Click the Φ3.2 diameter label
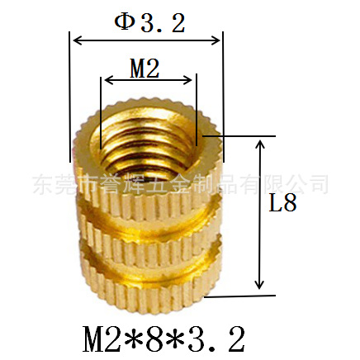click(x=149, y=23)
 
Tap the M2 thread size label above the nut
click(x=144, y=68)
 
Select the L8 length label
click(x=282, y=203)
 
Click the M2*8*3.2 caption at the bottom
click(x=163, y=339)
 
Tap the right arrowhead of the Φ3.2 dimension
click(x=215, y=40)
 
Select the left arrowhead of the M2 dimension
click(x=110, y=80)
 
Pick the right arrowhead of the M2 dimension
click(x=187, y=80)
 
